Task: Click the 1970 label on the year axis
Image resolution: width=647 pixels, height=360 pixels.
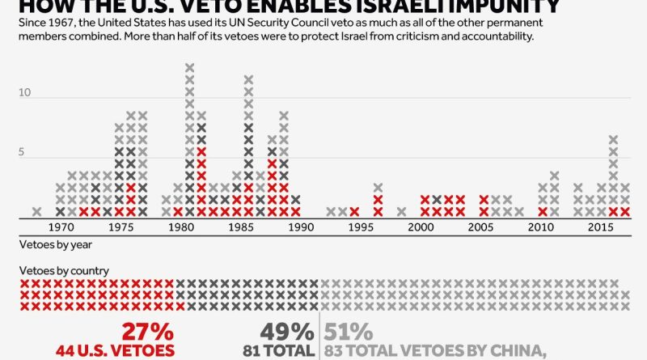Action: [61, 228]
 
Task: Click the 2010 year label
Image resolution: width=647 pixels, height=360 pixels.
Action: [540, 228]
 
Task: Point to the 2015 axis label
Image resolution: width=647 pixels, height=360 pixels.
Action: [598, 228]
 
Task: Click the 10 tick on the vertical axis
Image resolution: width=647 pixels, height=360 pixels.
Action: [24, 93]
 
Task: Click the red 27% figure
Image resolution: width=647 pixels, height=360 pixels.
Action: [147, 332]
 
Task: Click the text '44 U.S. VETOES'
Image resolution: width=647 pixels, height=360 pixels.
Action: [115, 351]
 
